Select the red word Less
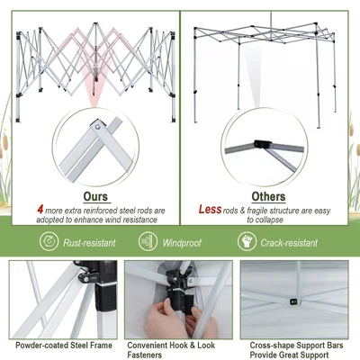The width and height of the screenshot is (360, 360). tap(210, 210)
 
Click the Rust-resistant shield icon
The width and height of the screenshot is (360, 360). tap(49, 242)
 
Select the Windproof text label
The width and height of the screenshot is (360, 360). tap(182, 243)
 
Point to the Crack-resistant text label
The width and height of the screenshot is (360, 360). tap(288, 243)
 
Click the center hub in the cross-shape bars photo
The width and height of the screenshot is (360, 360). tap(294, 301)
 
